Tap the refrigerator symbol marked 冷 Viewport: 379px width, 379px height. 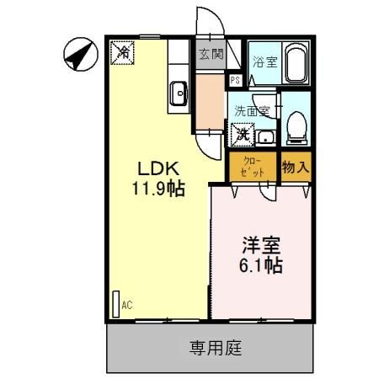coord(123,53)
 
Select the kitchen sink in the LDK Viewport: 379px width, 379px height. coord(179,93)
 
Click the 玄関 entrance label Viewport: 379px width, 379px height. coord(211,55)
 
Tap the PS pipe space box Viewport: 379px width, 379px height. coord(235,80)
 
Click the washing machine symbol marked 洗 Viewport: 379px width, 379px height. coord(242,132)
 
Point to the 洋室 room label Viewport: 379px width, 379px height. coord(261,246)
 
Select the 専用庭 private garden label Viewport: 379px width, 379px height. coord(210,346)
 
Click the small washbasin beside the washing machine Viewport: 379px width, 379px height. coord(265,136)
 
